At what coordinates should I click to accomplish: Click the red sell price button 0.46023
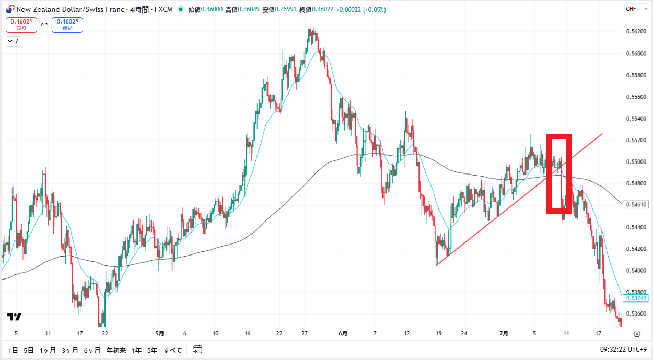pos(21,25)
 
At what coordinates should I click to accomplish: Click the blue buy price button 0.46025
pos(67,25)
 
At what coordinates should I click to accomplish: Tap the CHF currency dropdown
pos(634,9)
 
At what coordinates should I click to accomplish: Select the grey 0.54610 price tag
pos(636,204)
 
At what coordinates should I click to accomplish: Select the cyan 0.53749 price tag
pos(636,298)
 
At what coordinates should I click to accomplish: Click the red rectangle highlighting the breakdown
pos(558,173)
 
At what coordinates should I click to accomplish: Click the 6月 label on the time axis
pos(343,333)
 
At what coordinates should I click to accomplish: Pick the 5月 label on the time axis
pos(160,333)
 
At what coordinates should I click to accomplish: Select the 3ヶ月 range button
pos(69,350)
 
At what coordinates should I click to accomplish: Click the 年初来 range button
pos(116,350)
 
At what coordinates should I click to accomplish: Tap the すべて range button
pos(173,350)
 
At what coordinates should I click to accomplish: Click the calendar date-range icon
pos(197,350)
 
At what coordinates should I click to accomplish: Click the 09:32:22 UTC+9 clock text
pos(623,350)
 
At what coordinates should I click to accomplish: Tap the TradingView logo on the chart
pos(14,317)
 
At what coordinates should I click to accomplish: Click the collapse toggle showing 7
pos(13,41)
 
